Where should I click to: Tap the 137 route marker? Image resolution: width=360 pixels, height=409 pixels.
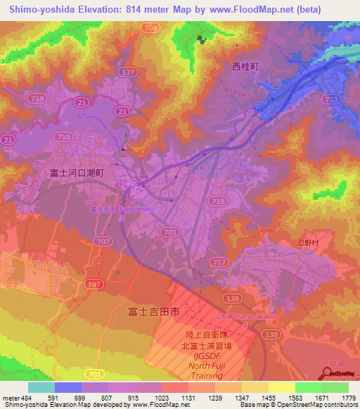click(x=128, y=72)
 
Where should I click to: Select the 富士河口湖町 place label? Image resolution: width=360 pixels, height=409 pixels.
click(x=77, y=171)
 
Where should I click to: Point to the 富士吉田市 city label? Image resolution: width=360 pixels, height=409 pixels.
click(x=155, y=310)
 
